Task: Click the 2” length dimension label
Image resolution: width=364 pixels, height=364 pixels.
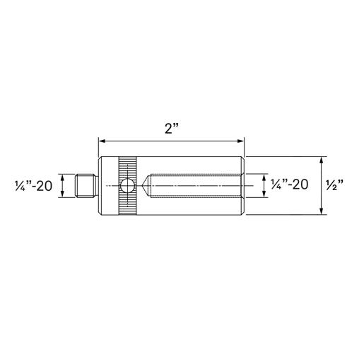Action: (172, 129)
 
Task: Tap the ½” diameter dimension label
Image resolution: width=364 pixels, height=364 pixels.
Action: (335, 185)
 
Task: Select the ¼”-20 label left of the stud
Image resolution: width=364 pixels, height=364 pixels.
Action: (33, 185)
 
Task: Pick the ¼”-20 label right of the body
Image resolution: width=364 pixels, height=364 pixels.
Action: (290, 184)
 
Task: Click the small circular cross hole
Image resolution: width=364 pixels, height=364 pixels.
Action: (127, 186)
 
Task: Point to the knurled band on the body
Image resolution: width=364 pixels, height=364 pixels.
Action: (127, 186)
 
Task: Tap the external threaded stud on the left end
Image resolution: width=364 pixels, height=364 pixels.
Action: (86, 185)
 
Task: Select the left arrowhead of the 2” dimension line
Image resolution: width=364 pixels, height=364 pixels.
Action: (102, 141)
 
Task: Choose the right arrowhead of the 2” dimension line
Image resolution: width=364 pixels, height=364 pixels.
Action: (241, 141)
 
